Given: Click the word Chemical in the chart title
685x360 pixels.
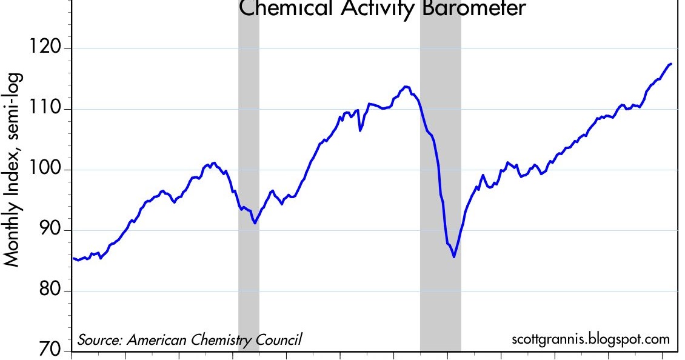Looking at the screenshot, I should click(x=287, y=9).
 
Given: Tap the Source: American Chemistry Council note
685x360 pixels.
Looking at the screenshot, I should click(x=189, y=340).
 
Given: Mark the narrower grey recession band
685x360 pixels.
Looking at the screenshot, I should click(x=249, y=182).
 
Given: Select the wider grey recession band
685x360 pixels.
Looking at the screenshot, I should click(x=441, y=182).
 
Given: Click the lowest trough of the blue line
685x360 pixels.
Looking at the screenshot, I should click(x=454, y=257).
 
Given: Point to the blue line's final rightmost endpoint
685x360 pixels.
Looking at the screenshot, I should click(x=671, y=64).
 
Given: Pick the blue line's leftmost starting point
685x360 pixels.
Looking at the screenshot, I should click(x=73, y=258).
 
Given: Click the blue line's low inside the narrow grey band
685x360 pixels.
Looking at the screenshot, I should click(x=255, y=223).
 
